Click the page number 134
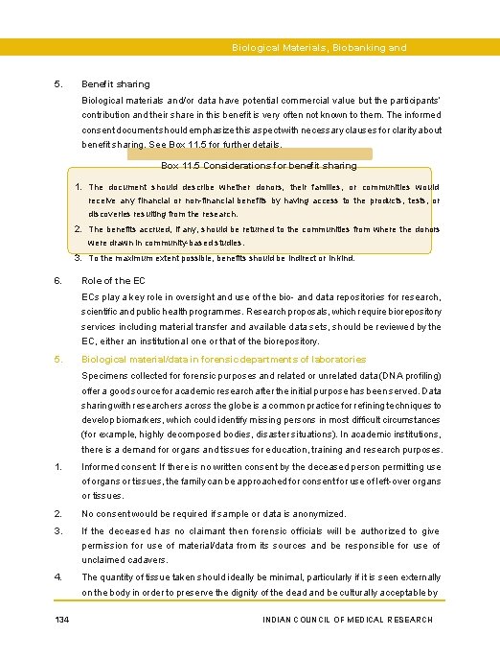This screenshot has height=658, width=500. (x=61, y=620)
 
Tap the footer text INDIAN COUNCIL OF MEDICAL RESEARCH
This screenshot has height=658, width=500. (x=347, y=620)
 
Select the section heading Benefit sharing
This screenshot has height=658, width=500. (x=116, y=84)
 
